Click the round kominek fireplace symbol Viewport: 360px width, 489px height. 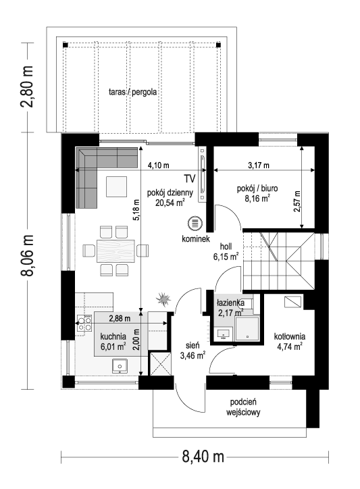(x=195, y=224)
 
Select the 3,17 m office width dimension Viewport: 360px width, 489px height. (x=258, y=165)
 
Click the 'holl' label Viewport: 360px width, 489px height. (x=226, y=247)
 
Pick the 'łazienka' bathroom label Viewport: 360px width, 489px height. (x=230, y=303)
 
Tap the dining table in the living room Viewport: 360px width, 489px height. (x=115, y=251)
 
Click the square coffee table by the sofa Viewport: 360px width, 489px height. (x=115, y=186)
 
